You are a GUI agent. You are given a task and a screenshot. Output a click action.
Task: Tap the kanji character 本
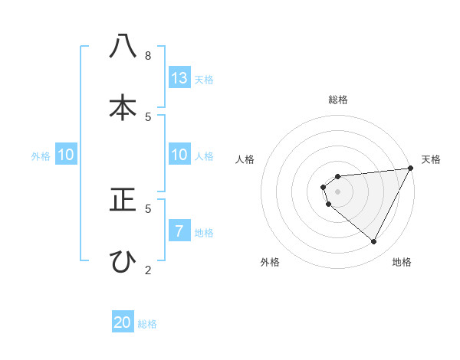coord(123,108)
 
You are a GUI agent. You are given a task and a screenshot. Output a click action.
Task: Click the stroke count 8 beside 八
coord(148,55)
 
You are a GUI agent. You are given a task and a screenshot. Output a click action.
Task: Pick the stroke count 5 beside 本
coord(148,116)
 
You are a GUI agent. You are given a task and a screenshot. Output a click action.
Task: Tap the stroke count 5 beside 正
coord(148,208)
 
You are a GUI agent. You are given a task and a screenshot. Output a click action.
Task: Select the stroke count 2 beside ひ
coord(148,269)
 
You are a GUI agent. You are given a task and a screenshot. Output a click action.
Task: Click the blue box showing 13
coord(179,77)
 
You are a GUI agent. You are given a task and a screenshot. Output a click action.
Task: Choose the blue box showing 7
coord(179,230)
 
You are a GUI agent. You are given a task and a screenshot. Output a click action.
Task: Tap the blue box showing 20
coord(123,322)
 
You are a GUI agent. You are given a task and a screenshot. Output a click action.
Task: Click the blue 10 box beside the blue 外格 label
coord(66,155)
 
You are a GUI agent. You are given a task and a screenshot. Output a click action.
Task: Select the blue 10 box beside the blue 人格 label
coord(179,155)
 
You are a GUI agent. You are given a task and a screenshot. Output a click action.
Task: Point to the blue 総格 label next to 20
coord(147,324)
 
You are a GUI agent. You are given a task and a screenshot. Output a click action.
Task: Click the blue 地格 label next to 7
coord(204,233)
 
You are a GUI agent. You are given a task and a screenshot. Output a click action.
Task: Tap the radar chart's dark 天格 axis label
coord(431,159)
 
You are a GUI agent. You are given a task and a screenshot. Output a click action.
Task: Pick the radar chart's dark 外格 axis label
coord(270,262)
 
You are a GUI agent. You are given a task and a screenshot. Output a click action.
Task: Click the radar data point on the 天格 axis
coord(411,169)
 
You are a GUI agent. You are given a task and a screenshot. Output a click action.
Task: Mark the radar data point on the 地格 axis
coord(374,242)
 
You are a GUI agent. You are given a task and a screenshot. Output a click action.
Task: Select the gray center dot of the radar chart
coord(337,191)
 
